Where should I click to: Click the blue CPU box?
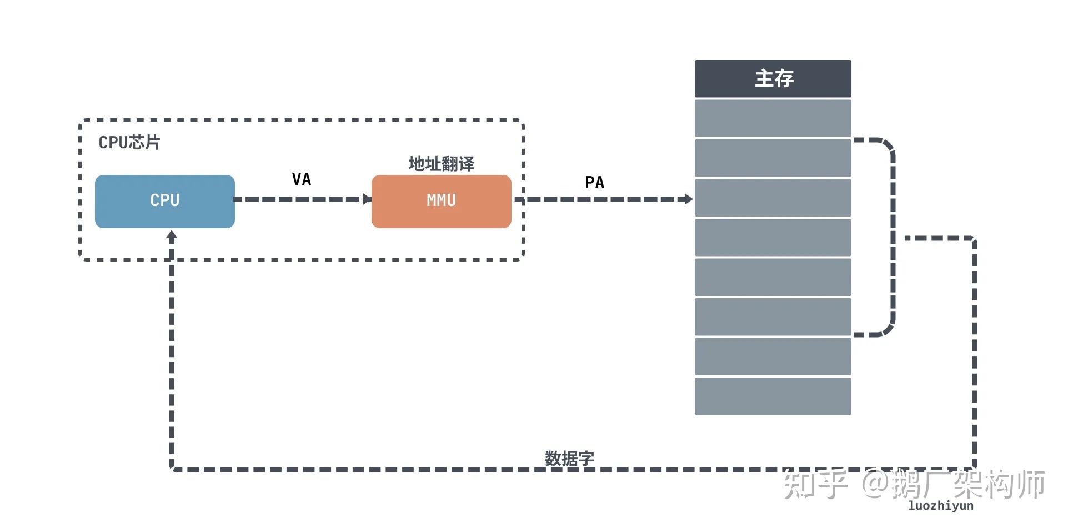(x=165, y=201)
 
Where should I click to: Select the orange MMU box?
(x=441, y=201)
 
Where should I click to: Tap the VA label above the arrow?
(x=302, y=179)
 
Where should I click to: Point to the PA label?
(x=594, y=183)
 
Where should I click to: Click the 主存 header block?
(x=773, y=78)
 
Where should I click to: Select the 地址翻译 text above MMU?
(x=441, y=164)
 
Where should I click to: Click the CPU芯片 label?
(x=129, y=143)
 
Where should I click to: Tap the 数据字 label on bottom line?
(x=569, y=459)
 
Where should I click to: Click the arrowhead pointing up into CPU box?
(x=172, y=236)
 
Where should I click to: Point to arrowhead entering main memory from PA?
(x=688, y=199)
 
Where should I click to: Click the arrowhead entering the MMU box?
(x=367, y=199)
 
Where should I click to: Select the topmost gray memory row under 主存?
(x=773, y=118)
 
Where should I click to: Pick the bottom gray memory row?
(x=773, y=396)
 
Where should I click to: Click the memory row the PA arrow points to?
(x=773, y=198)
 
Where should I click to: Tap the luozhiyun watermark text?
(x=940, y=506)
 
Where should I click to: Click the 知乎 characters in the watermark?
(x=815, y=484)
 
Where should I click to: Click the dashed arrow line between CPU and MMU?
(x=300, y=199)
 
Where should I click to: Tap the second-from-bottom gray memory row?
(x=773, y=356)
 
